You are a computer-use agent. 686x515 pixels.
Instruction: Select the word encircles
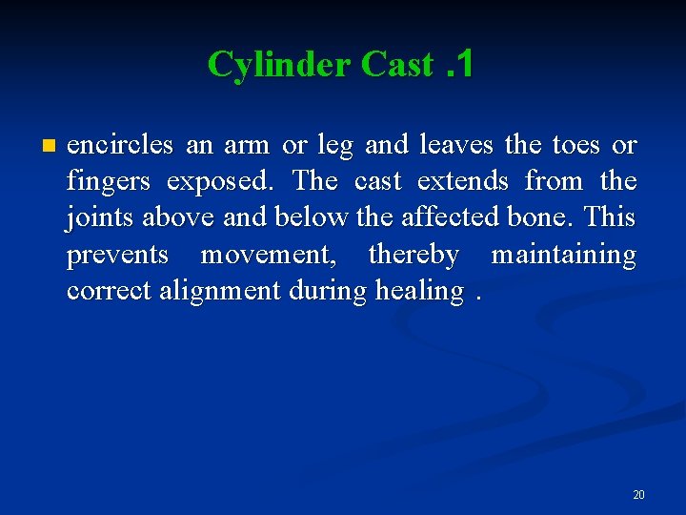120,145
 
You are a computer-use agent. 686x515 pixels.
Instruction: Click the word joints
101,217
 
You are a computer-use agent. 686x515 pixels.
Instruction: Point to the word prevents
117,255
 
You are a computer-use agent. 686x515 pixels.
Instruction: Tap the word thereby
414,255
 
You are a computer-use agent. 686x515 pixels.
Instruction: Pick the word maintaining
563,255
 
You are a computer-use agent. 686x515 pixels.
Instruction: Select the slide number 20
638,495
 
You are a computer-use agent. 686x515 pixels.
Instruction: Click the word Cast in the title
397,64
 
